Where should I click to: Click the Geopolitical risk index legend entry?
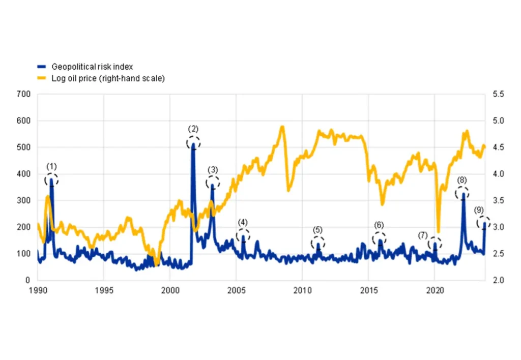pyautogui.click(x=92, y=67)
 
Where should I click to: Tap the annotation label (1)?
pyautogui.click(x=51, y=166)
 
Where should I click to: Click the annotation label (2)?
pyautogui.click(x=193, y=129)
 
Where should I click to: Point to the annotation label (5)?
pyautogui.click(x=317, y=230)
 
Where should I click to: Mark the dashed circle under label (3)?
pyautogui.click(x=213, y=183)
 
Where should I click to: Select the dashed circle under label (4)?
pyautogui.click(x=243, y=235)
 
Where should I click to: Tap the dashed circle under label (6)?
pyautogui.click(x=380, y=238)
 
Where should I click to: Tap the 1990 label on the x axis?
pyautogui.click(x=38, y=290)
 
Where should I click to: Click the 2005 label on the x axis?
pyautogui.click(x=236, y=290)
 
